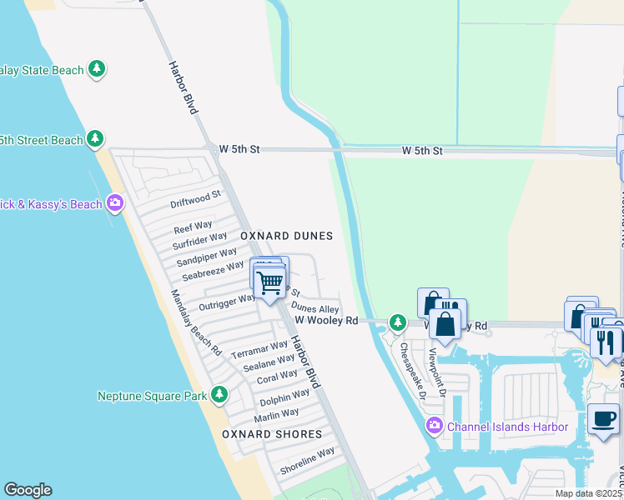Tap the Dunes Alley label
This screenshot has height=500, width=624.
[315, 308]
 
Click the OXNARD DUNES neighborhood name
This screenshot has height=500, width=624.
[286, 237]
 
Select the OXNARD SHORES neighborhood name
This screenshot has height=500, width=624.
[271, 434]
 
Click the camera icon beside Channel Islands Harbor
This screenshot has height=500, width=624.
[434, 427]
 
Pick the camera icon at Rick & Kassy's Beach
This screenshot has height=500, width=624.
[115, 203]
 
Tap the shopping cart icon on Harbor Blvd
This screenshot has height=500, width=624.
[269, 282]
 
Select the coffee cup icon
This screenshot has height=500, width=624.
[602, 419]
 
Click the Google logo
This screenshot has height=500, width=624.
[28, 490]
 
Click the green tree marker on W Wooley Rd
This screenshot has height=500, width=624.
[398, 322]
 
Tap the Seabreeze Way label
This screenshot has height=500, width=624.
[213, 270]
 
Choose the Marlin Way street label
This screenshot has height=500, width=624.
[277, 414]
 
